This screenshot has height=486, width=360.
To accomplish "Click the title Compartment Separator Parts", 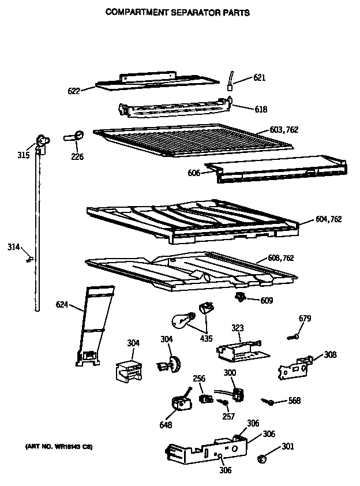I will tap(177, 12).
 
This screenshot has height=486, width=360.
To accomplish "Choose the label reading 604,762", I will tap(329, 219).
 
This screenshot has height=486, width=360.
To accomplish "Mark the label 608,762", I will tap(280, 258).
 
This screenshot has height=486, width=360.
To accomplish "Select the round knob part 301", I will tap(261, 458).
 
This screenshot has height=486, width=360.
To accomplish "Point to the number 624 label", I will tap(62, 304).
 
